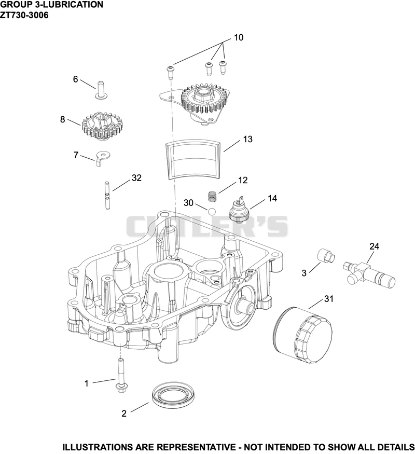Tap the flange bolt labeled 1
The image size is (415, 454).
coord(120,376)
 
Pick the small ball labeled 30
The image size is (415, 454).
coord(212,211)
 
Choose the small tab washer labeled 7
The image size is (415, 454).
coord(103,158)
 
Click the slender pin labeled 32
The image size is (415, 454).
coord(107,195)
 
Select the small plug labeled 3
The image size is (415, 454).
coord(326,255)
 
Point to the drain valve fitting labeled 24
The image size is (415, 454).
coord(369,273)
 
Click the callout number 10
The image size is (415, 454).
coord(239,37)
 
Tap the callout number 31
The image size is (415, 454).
coord(329,298)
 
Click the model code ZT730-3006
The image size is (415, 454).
coord(24,15)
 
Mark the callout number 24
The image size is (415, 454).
coord(374,246)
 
